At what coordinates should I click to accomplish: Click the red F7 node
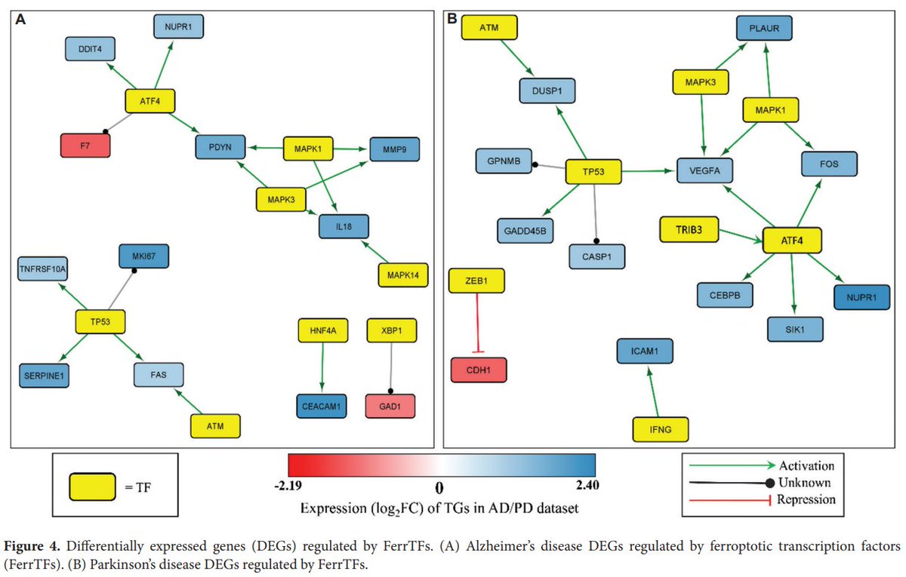[86, 145]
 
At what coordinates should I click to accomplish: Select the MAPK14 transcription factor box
[402, 275]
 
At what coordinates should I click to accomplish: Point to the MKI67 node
[143, 256]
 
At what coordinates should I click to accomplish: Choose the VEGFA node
[704, 171]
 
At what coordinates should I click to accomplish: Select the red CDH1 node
[478, 370]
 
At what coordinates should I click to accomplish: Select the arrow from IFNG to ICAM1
[651, 388]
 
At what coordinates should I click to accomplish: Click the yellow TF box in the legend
[92, 486]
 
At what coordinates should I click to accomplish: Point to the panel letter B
[452, 20]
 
